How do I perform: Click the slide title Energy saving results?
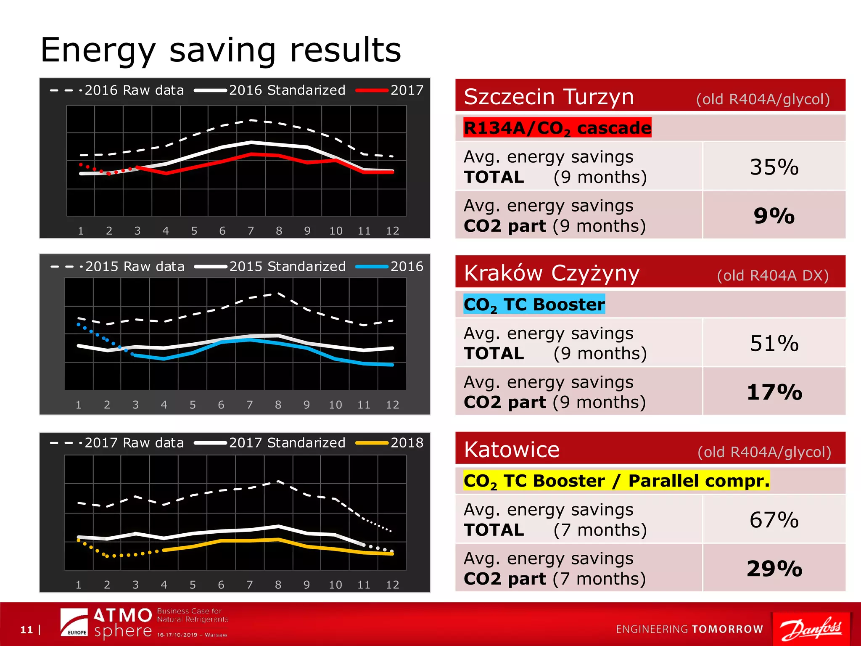pyautogui.click(x=221, y=50)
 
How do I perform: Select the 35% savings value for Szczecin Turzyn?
pyautogui.click(x=774, y=167)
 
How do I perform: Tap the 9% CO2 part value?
pyautogui.click(x=774, y=216)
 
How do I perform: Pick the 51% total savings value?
pyautogui.click(x=774, y=343)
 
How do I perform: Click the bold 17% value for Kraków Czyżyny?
pyautogui.click(x=774, y=392)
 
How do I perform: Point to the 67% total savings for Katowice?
pyautogui.click(x=774, y=520)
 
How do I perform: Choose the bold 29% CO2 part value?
pyautogui.click(x=774, y=569)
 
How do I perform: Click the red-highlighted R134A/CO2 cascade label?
pyautogui.click(x=557, y=128)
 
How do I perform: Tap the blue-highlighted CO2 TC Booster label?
pyautogui.click(x=534, y=304)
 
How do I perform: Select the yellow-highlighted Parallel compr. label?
pyautogui.click(x=698, y=481)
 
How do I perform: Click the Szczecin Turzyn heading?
pyautogui.click(x=549, y=97)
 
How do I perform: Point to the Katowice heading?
pyautogui.click(x=512, y=450)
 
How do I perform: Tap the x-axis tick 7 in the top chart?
pyautogui.click(x=251, y=231)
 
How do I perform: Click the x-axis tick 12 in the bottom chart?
pyautogui.click(x=392, y=585)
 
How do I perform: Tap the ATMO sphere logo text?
pyautogui.click(x=122, y=623)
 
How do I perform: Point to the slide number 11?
pyautogui.click(x=26, y=630)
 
